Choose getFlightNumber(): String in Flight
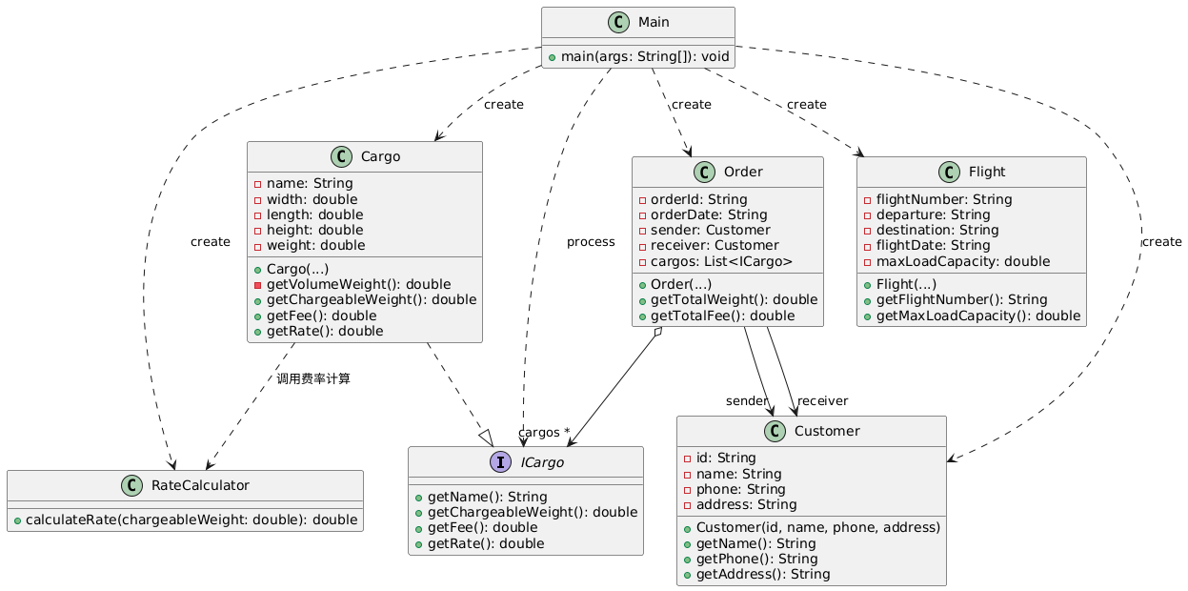964,300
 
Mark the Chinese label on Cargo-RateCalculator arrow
313,378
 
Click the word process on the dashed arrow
591,241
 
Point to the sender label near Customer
747,399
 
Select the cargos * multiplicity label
543,432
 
